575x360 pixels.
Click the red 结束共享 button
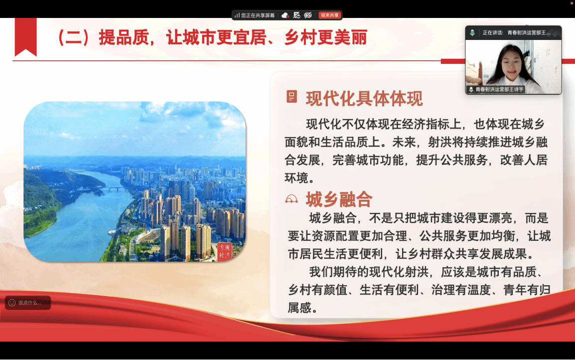click(330, 15)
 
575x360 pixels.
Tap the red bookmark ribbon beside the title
click(26, 37)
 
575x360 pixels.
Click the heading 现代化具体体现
click(364, 99)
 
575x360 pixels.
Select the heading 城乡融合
click(339, 199)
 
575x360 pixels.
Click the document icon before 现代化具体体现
click(291, 97)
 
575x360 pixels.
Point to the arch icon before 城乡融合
click(291, 199)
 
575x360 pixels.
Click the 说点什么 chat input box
click(28, 303)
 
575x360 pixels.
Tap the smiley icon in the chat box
click(12, 303)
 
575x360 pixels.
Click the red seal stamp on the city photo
click(224, 251)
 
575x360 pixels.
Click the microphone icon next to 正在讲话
click(472, 33)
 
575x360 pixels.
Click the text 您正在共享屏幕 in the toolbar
click(258, 15)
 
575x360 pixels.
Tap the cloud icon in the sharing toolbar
click(285, 15)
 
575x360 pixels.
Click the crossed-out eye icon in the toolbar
click(308, 15)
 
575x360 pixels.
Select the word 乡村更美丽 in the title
click(326, 37)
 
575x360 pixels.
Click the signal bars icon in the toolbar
click(237, 15)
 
